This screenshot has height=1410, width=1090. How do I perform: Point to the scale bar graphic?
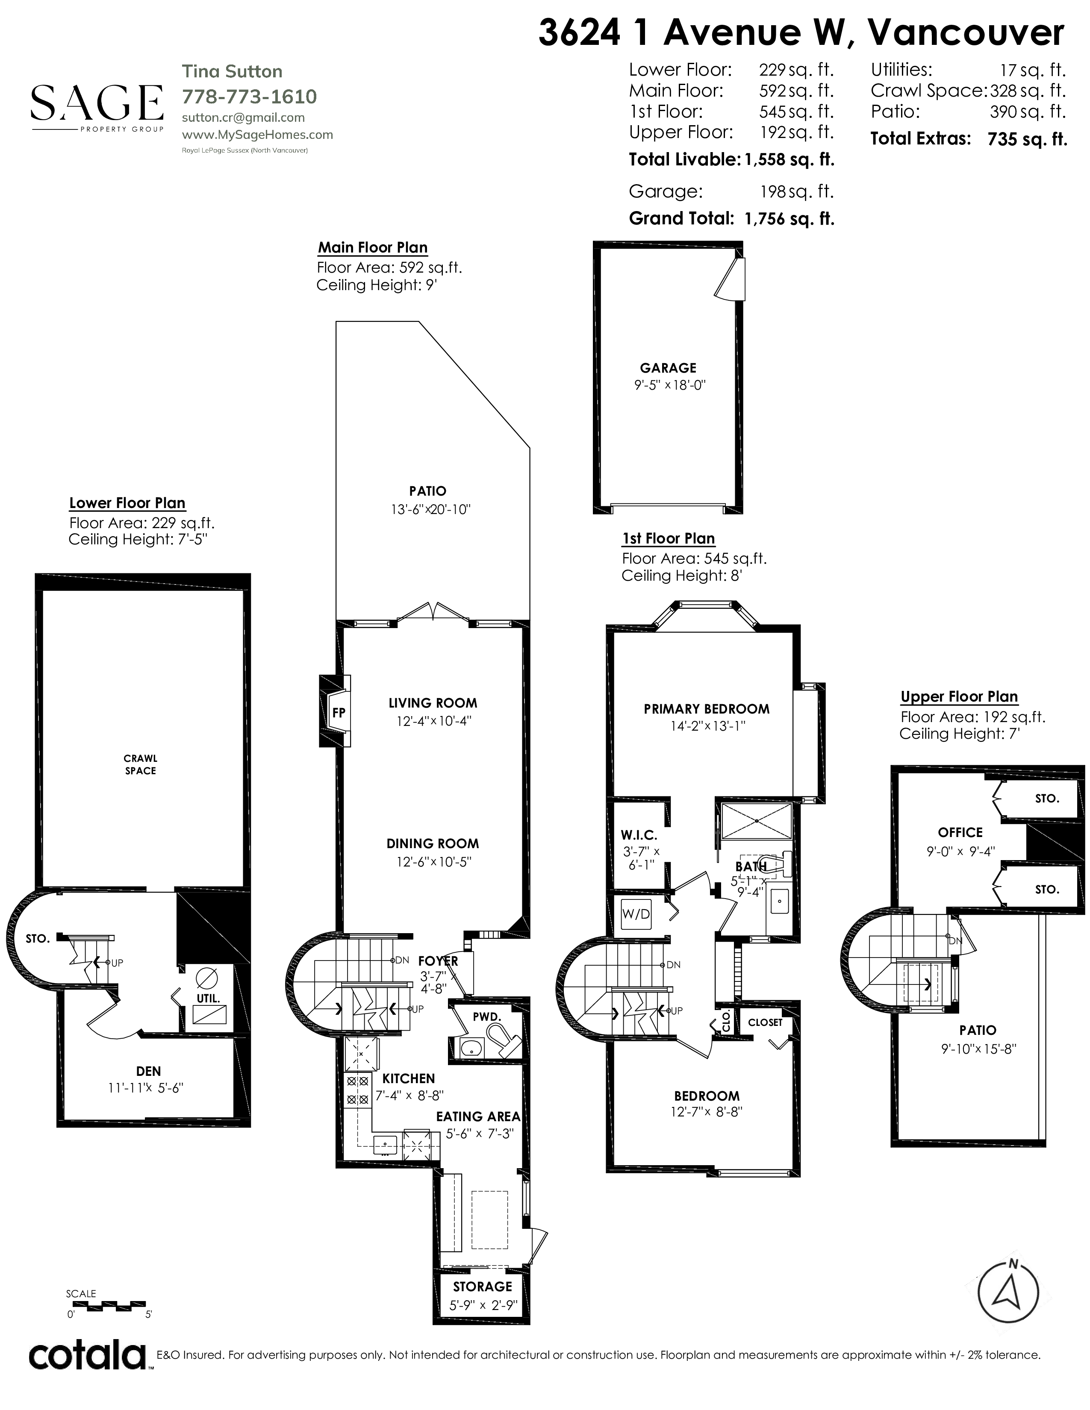click(x=106, y=1305)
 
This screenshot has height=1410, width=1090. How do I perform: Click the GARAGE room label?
click(x=669, y=368)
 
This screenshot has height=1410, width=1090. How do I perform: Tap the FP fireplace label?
click(x=339, y=713)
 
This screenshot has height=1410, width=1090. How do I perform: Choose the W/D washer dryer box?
click(x=636, y=914)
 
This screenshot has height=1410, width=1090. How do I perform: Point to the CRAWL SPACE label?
click(x=141, y=764)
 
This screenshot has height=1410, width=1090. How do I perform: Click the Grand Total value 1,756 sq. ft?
click(x=789, y=219)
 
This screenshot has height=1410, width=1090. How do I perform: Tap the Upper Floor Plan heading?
click(x=959, y=696)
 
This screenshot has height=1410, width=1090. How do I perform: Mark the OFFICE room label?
click(x=960, y=833)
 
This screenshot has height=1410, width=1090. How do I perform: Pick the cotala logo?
click(x=88, y=1356)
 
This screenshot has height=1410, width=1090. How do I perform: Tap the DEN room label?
click(x=148, y=1071)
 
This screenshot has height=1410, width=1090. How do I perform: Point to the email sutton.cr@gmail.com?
click(x=244, y=117)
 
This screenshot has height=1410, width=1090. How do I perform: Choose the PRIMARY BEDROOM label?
click(x=707, y=709)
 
